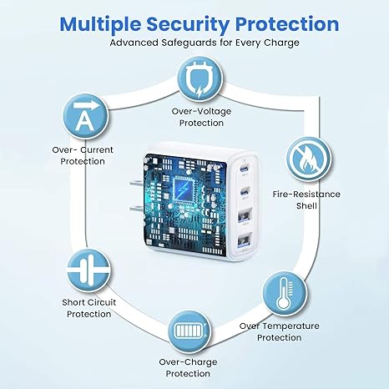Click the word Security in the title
click(x=188, y=25)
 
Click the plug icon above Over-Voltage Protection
click(x=200, y=78)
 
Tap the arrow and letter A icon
click(x=85, y=117)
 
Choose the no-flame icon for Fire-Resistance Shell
click(x=309, y=159)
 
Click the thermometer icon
click(x=285, y=294)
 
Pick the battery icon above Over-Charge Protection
click(x=189, y=332)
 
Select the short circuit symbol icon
click(x=88, y=270)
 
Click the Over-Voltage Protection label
click(x=201, y=117)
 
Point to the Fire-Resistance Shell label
click(x=306, y=200)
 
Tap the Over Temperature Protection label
click(x=280, y=331)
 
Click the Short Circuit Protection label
click(x=89, y=308)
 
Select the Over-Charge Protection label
click(x=188, y=368)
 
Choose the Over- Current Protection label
click(x=83, y=155)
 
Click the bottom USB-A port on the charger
click(x=245, y=240)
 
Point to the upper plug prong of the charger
click(x=136, y=184)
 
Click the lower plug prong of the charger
click(x=136, y=209)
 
